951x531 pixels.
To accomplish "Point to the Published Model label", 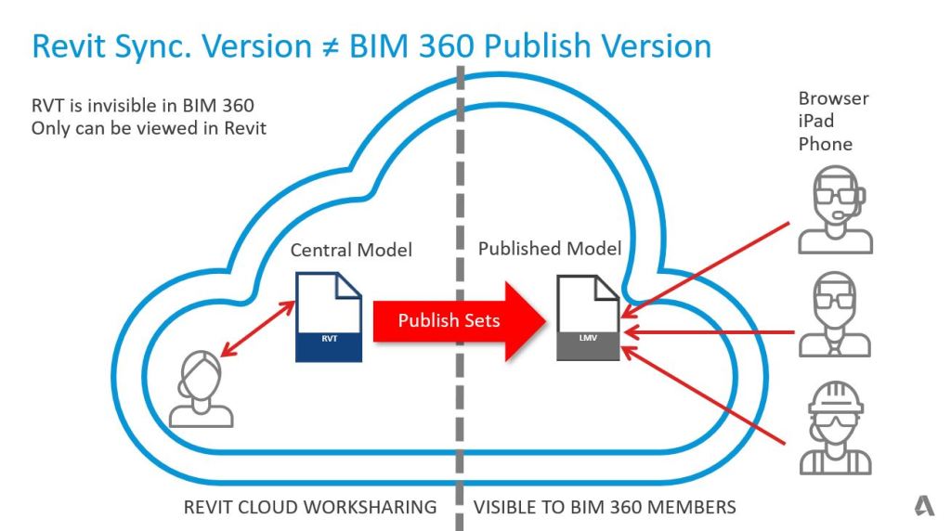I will pos(550,248).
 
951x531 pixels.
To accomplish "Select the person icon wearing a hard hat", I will pos(835,430).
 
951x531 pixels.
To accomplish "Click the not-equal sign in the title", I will pos(327,46).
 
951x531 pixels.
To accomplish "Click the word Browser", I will pos(833,98).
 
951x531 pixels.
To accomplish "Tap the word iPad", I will pos(815,122).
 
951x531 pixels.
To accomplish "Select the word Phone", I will pos(825,144).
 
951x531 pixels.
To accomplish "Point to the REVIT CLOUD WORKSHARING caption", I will pos(310,507).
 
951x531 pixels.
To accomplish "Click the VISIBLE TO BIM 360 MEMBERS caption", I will pos(605,507).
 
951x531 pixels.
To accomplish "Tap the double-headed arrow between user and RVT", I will pos(251,331).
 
